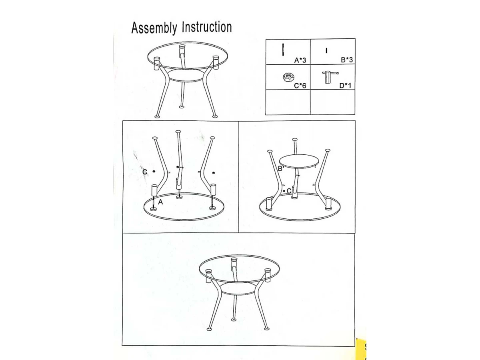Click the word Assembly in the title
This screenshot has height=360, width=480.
(x=154, y=28)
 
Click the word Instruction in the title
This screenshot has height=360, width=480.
(x=207, y=27)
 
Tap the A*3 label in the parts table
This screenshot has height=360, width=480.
(x=300, y=60)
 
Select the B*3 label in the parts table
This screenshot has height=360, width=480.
(x=347, y=60)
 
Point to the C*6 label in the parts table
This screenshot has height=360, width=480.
(x=300, y=86)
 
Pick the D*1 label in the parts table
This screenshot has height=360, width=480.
(x=345, y=86)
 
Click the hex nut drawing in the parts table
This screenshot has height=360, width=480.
(x=289, y=77)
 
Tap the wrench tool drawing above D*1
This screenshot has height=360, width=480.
(x=330, y=77)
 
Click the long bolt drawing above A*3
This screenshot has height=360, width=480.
(x=283, y=50)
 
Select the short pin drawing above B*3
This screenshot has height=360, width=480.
(x=326, y=51)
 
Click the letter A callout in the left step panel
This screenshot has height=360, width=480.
(x=160, y=202)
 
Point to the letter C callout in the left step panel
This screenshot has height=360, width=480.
(x=145, y=172)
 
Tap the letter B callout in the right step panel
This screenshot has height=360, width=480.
(x=280, y=168)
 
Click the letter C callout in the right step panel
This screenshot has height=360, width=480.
(x=289, y=191)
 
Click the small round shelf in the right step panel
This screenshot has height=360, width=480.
(x=299, y=161)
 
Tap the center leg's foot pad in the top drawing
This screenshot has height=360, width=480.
(x=182, y=107)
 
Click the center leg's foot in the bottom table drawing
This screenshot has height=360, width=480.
(x=234, y=320)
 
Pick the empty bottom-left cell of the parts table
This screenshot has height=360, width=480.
(x=288, y=102)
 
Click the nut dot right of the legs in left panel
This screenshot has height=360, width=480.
(x=214, y=173)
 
